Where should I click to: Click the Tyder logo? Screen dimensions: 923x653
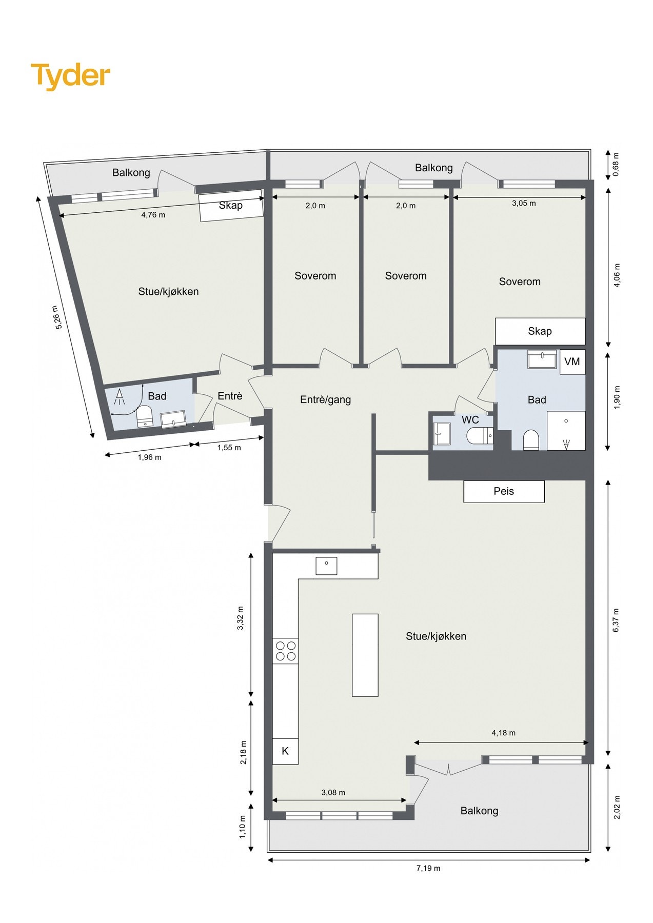point(70,76)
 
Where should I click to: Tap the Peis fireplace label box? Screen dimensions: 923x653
point(504,491)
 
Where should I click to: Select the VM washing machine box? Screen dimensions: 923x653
point(572,362)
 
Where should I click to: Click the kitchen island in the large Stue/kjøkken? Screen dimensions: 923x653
point(365,655)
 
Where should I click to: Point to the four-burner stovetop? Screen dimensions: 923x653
point(286,651)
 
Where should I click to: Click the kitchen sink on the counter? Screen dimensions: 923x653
point(326,565)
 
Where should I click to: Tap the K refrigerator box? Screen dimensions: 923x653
point(285,751)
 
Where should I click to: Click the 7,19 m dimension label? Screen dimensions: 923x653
point(428,868)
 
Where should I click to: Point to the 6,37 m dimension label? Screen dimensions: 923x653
point(616,619)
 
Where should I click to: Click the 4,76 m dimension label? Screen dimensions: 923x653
point(153,215)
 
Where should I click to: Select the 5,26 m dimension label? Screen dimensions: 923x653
point(58,317)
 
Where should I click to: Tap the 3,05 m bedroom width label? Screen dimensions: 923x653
point(524,203)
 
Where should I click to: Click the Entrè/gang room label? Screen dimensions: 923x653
point(325,399)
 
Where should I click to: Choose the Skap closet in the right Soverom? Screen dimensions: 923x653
point(540,331)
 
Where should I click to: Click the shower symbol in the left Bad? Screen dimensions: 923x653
point(120,396)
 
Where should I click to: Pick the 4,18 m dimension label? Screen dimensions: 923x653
point(503,733)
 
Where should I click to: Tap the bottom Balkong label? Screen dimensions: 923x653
point(479,811)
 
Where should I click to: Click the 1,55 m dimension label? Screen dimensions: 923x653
point(229,448)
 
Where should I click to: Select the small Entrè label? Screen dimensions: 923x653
point(230,396)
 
